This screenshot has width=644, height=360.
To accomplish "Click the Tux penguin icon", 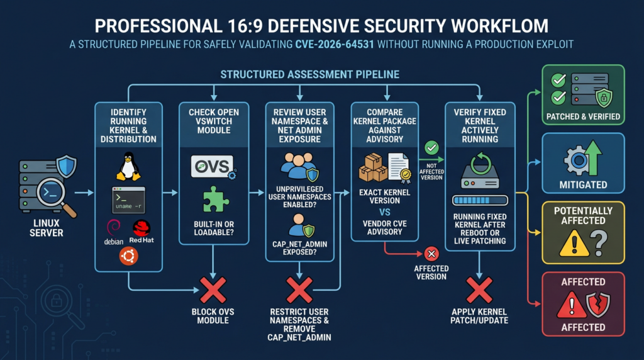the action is pyautogui.click(x=128, y=166).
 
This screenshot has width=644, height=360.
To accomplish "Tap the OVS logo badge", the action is pyautogui.click(x=213, y=166).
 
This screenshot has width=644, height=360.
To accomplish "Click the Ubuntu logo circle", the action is pyautogui.click(x=128, y=256).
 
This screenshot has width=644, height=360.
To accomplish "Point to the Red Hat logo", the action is pyautogui.click(x=142, y=232).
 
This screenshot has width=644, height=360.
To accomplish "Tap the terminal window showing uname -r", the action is pyautogui.click(x=128, y=200).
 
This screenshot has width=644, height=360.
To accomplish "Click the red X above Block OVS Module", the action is pyautogui.click(x=213, y=290).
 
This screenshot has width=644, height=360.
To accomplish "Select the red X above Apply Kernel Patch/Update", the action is pyautogui.click(x=479, y=290).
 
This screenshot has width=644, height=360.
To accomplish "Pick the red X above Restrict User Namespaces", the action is pyautogui.click(x=299, y=290).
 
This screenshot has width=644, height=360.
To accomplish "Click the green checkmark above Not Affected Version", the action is pyautogui.click(x=431, y=147).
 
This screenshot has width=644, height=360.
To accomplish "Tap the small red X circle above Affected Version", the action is pyautogui.click(x=431, y=254).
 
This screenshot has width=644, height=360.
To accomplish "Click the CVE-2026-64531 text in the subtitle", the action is pyautogui.click(x=335, y=45).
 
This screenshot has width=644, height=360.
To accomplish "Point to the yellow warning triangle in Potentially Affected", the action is pyautogui.click(x=574, y=243).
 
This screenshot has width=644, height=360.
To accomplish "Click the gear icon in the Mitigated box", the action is pyautogui.click(x=579, y=160).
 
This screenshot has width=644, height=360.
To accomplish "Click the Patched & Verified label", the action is pyautogui.click(x=583, y=116).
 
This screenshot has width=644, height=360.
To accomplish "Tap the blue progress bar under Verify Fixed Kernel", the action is pyautogui.click(x=480, y=201).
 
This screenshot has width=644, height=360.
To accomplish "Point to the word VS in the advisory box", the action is pyautogui.click(x=384, y=213).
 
